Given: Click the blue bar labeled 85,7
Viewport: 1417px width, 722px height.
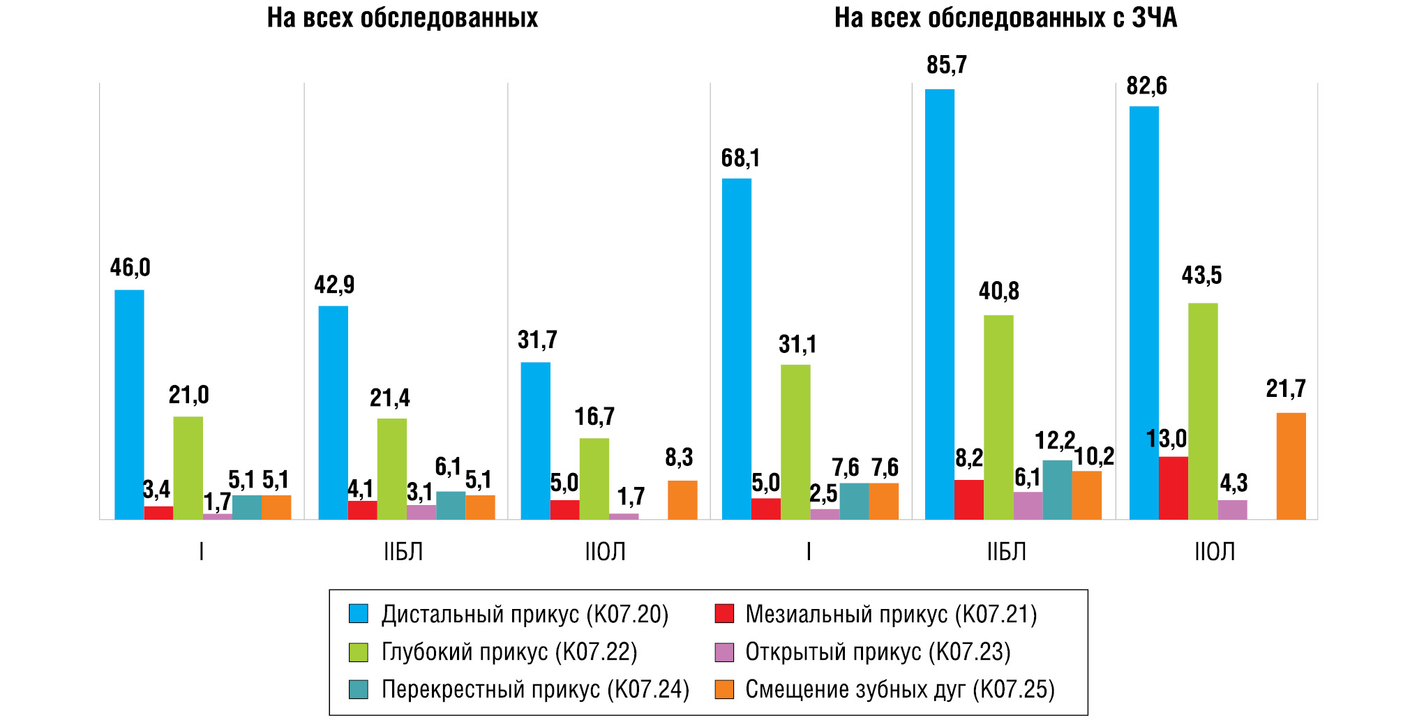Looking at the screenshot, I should point(939,304).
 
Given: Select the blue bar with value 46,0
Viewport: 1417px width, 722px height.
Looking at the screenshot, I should point(129,405).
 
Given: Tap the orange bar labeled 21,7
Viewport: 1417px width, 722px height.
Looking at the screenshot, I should point(1291,466).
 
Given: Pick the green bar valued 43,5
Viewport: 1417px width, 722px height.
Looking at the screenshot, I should point(1203,412).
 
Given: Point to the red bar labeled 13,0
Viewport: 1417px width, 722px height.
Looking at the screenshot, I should point(1173,488).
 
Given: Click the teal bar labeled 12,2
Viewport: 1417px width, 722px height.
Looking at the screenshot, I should point(1057,490).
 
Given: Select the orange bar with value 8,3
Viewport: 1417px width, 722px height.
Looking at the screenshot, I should point(682,500).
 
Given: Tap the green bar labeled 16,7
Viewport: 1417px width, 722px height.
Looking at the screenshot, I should point(594,479).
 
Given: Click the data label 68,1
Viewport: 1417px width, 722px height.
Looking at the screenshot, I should point(740,158).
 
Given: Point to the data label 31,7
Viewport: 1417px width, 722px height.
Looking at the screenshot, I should point(537,340).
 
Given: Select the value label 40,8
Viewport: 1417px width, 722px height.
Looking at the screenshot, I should point(998,291).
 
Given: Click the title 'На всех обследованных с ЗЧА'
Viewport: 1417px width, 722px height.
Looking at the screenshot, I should point(1005,18).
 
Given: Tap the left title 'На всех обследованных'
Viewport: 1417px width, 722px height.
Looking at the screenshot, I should point(403,18).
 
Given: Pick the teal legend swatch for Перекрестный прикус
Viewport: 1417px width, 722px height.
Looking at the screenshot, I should point(358,690).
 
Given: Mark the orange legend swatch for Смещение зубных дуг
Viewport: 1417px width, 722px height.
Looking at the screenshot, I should point(724,690).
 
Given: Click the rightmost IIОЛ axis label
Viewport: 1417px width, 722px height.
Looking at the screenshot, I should point(1214,552).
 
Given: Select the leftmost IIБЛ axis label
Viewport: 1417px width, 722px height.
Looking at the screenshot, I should point(403,552).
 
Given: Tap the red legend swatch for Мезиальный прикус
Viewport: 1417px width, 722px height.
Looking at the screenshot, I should point(724,615).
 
